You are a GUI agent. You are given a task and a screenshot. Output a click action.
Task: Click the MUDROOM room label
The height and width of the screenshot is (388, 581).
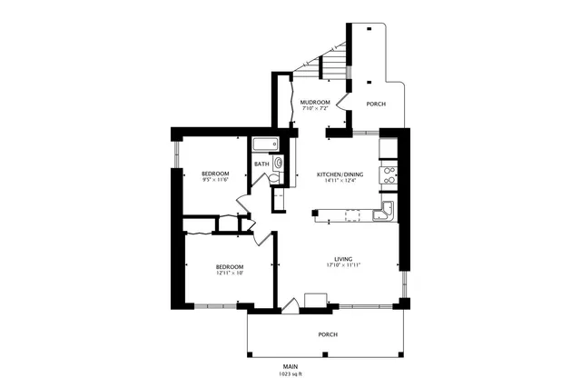coord(315,102)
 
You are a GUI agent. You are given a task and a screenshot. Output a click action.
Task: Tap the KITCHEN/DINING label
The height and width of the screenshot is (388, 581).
coord(340,174)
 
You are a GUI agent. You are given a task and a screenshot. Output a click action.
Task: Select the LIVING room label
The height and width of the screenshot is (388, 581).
coord(342,258)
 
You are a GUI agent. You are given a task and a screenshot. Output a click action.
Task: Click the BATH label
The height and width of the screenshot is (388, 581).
coord(261,164)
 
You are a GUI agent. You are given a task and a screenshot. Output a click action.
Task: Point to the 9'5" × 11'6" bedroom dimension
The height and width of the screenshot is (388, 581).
coord(215,180)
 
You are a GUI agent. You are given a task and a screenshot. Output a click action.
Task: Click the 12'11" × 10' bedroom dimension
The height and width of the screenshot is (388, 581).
coord(230,273)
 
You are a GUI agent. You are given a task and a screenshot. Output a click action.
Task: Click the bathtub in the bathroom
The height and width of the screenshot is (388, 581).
coord(266,144)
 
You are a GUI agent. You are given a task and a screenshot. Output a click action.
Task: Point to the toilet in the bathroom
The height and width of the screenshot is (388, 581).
coord(279,164)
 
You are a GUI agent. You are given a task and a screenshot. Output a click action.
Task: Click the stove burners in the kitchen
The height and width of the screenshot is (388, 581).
coord(389,174)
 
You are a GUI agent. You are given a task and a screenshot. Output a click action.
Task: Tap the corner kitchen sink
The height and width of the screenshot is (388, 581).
coord(385,214)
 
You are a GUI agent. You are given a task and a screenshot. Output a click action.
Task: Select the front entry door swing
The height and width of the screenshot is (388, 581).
coord(290,307)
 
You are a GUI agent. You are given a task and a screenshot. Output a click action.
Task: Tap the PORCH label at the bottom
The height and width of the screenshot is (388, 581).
coord(328,334)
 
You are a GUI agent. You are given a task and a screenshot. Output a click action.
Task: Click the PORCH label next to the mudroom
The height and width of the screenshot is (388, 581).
coord(376,104)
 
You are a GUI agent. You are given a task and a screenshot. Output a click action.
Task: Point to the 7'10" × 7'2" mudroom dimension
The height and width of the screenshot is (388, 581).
coord(315,109)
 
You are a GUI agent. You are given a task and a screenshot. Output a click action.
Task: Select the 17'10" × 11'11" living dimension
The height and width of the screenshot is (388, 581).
coord(342,265)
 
